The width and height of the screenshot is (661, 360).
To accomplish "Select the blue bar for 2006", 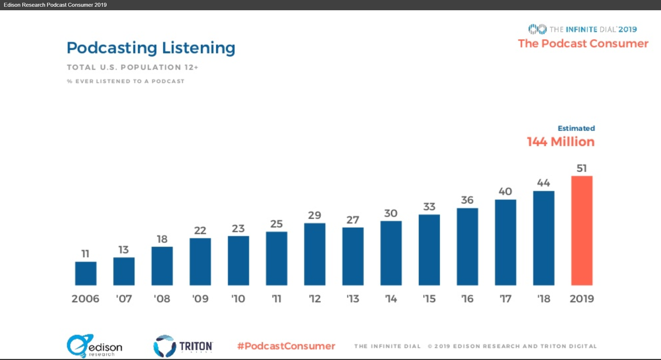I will coord(85,273).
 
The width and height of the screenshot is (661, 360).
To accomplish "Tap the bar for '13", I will coord(353,256).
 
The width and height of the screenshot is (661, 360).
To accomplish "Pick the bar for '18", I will coord(543,238).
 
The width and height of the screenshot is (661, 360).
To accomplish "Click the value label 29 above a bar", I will coord(314,215).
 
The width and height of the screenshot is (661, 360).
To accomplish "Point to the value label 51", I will coord(582,168).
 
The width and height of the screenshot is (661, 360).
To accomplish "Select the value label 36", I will coord(467,200).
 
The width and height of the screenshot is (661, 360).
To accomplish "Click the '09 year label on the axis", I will coord(200,299).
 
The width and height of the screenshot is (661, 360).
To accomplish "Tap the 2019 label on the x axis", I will coord(582,299).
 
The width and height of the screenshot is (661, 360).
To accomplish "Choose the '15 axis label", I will coord(429,299).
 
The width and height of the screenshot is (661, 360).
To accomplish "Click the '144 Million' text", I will coord(561,142).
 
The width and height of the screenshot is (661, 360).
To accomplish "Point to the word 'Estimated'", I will coord(576,128).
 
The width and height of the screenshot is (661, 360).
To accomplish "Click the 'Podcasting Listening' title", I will coord(151,48).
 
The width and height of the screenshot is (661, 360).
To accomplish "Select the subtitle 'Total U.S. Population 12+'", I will coord(132,67).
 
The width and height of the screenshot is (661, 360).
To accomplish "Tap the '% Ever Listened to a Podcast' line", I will coord(125,81).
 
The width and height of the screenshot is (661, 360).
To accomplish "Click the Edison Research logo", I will coord(94,346).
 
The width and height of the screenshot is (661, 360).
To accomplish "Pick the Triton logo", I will coord(183,346).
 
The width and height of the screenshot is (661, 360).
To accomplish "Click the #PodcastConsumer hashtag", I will coord(286,346).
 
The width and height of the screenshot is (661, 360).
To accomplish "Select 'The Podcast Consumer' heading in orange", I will coord(583,43).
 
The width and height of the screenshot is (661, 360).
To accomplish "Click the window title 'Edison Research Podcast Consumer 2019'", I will coord(55,5).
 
